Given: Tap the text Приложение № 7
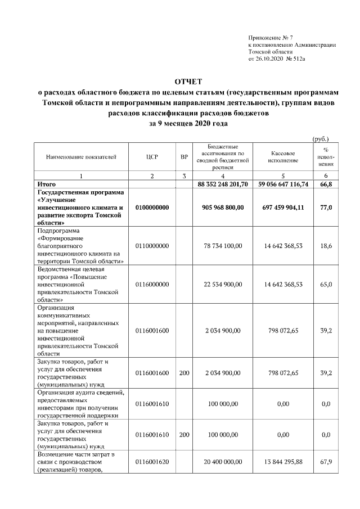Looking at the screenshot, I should click(x=271, y=37).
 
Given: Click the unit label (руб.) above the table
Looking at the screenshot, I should click(x=320, y=138).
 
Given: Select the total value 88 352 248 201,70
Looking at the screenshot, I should click(x=223, y=184).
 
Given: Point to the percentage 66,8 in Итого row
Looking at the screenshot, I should click(x=326, y=184).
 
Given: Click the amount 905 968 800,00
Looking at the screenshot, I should click(x=223, y=208).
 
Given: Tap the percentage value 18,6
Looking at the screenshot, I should click(x=326, y=246).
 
